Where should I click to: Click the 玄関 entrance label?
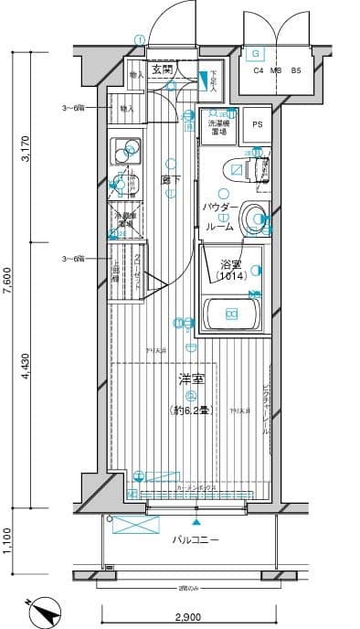pyautogui.click(x=162, y=69)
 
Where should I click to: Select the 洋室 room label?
pyautogui.click(x=190, y=378)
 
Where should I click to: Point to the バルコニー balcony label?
pyautogui.click(x=196, y=540)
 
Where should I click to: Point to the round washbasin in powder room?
pyautogui.click(x=255, y=218)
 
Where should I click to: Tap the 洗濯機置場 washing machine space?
pyautogui.click(x=219, y=127)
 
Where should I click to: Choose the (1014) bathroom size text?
pyautogui.click(x=230, y=276)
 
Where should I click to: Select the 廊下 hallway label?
pyautogui.click(x=169, y=179)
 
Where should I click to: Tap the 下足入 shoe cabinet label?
pyautogui.click(x=212, y=81)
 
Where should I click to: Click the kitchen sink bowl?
pyautogui.click(x=122, y=147)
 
